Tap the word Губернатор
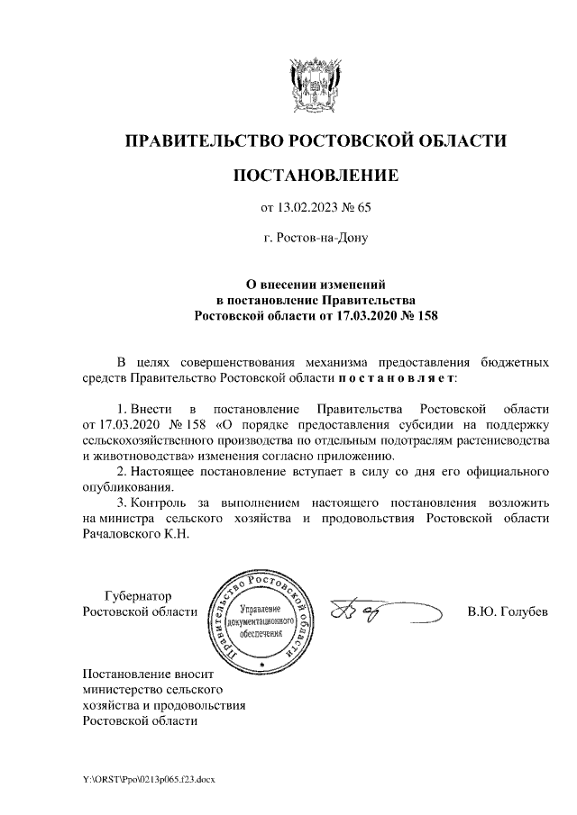click(138, 596)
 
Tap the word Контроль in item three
click(160, 502)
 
